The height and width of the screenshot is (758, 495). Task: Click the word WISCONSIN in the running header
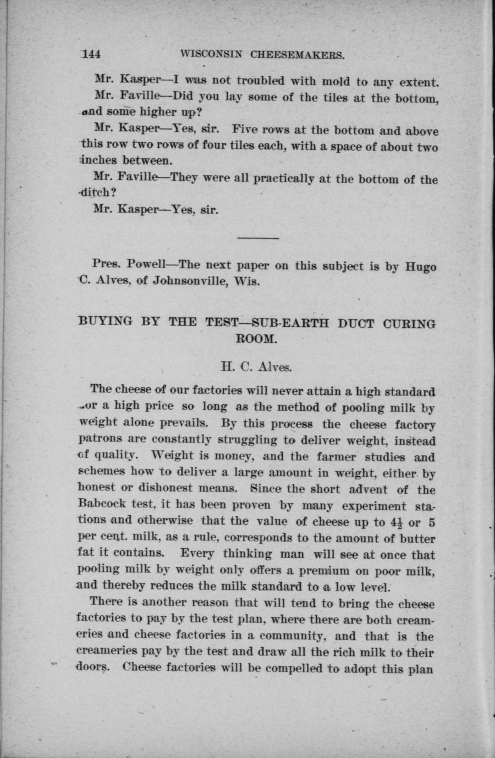pyautogui.click(x=213, y=55)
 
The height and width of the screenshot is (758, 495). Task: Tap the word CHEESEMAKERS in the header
pyautogui.click(x=298, y=55)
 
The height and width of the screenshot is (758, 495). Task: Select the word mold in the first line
pyautogui.click(x=337, y=82)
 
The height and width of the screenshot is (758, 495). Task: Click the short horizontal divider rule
pyautogui.click(x=257, y=238)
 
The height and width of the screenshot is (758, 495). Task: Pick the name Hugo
pyautogui.click(x=421, y=266)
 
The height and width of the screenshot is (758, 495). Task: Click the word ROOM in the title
pyautogui.click(x=256, y=338)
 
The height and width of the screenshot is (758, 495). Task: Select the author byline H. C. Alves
pyautogui.click(x=257, y=365)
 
